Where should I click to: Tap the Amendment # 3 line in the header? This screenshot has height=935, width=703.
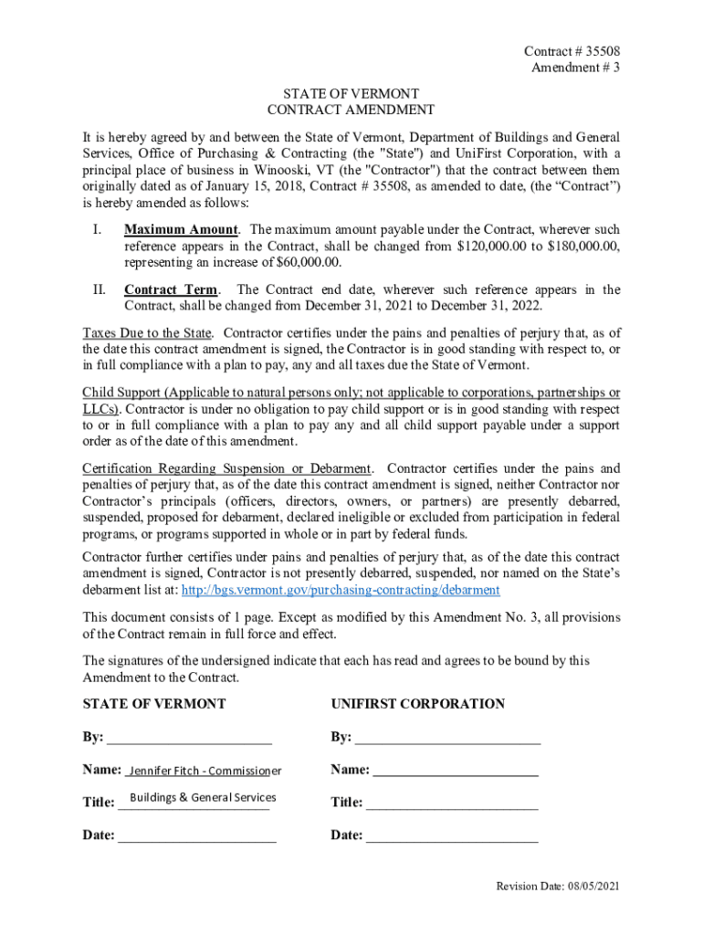577,68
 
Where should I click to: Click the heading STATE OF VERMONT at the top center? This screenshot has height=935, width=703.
351,94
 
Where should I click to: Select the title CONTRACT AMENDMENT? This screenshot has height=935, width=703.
351,110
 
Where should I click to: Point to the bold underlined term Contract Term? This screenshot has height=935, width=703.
171,290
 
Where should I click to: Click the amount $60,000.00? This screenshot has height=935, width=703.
310,263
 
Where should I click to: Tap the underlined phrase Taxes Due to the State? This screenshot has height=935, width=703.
147,331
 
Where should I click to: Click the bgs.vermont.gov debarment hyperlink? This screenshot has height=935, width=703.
341,590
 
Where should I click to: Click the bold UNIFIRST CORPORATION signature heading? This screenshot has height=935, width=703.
417,704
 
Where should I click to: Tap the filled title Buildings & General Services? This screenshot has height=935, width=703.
203,797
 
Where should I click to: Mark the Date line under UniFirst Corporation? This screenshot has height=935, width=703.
452,835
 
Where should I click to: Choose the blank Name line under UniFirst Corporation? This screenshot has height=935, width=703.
456,771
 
